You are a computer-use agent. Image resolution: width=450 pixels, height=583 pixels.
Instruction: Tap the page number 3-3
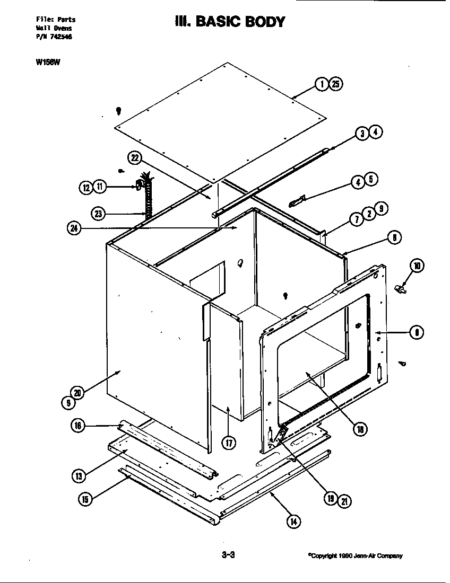coord(228,555)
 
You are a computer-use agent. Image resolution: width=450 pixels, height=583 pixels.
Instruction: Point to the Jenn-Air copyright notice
coord(355,556)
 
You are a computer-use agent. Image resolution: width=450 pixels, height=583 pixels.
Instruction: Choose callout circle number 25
coord(336,84)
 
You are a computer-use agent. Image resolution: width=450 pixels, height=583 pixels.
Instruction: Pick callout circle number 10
coord(417,266)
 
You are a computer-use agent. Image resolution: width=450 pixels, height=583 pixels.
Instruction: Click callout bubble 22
coord(135,158)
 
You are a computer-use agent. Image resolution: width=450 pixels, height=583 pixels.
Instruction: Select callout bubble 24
coord(74,228)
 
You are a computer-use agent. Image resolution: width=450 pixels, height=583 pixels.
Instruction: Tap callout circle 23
coord(98,214)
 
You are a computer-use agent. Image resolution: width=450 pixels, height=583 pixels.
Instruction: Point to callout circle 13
coord(79,476)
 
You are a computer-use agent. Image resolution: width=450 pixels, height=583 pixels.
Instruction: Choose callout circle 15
coord(84,499)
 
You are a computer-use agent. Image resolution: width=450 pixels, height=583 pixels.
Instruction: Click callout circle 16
coord(77,425)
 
